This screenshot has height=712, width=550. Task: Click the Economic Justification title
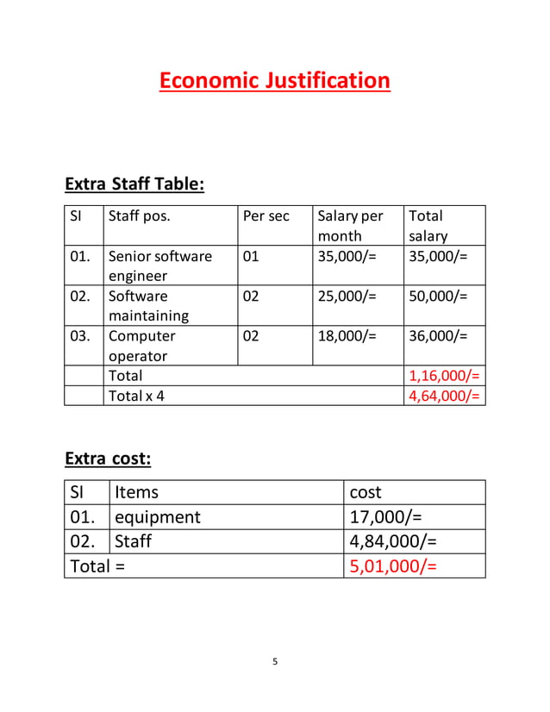(x=274, y=81)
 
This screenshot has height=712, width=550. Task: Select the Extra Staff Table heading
(x=134, y=184)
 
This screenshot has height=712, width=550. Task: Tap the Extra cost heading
(x=108, y=459)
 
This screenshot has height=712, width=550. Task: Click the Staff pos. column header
(x=139, y=216)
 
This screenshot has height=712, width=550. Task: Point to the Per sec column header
(x=266, y=216)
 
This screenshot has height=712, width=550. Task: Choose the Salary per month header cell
(x=349, y=226)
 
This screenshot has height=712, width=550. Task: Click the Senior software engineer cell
(x=159, y=265)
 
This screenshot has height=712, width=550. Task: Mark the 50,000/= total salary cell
(x=438, y=296)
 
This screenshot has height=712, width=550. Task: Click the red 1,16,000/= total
(x=444, y=376)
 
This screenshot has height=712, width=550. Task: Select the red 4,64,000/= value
(x=444, y=397)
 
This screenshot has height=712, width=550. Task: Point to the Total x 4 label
(x=136, y=397)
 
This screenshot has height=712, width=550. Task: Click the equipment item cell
(x=158, y=517)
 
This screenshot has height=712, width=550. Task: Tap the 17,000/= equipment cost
(x=386, y=517)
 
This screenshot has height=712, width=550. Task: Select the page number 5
(x=275, y=662)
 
